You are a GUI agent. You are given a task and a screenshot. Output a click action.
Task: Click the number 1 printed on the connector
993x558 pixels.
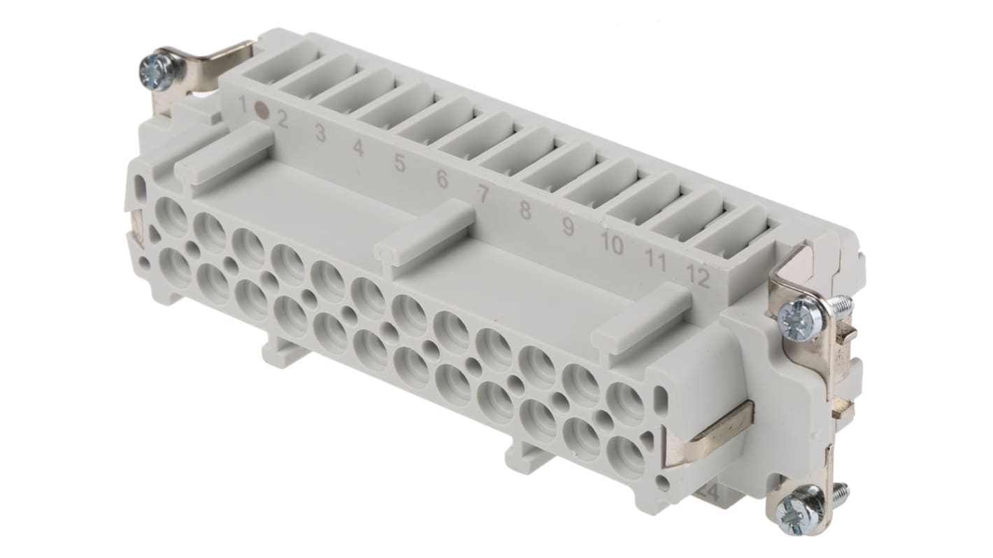coord(243,105)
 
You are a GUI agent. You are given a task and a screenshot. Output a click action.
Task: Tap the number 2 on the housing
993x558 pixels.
coord(283,120)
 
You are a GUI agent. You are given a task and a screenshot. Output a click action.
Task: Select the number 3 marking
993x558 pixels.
coord(320,133)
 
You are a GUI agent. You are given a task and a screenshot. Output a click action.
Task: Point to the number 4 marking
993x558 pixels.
coord(358,148)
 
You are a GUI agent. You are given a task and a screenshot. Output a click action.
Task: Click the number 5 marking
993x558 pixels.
coord(399,164)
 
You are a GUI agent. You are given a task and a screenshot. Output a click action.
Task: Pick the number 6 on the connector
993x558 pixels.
coord(442,179)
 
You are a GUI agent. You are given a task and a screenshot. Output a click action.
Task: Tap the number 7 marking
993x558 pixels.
coord(483,194)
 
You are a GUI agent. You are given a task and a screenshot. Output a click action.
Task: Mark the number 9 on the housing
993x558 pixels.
coord(568,227)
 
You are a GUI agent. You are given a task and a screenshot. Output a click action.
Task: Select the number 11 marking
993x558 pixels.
coord(655,261)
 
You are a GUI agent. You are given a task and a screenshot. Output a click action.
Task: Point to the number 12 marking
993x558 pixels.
coord(697,278)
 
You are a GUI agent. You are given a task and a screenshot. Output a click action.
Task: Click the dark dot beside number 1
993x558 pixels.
coord(262,110)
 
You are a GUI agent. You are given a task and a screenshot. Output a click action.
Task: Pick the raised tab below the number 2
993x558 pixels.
coord(224,152)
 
